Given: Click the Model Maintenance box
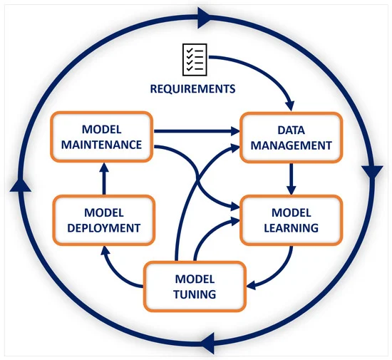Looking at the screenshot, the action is click(102, 137).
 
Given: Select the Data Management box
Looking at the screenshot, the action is click(292, 138).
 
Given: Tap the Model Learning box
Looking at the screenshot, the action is click(292, 220).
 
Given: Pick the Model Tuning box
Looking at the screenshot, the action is click(195, 287).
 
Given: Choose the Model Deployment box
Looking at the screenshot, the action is click(104, 220).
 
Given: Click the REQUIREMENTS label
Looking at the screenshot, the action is click(192, 88).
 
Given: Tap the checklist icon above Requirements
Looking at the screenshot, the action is click(195, 59).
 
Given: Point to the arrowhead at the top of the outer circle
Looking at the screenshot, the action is click(205, 18).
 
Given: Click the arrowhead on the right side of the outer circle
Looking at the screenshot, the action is click(372, 172).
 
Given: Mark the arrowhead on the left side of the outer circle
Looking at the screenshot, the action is click(21, 185).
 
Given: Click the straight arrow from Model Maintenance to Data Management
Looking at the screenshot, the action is click(197, 131).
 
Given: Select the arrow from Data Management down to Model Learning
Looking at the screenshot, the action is click(292, 179).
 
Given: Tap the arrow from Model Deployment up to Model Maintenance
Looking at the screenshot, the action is click(104, 178).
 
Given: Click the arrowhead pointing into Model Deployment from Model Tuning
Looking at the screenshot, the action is click(105, 251).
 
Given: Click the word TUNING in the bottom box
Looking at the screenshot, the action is click(195, 294).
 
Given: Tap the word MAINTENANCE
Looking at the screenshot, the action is click(101, 145).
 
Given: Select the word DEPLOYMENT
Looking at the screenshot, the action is click(104, 228).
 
